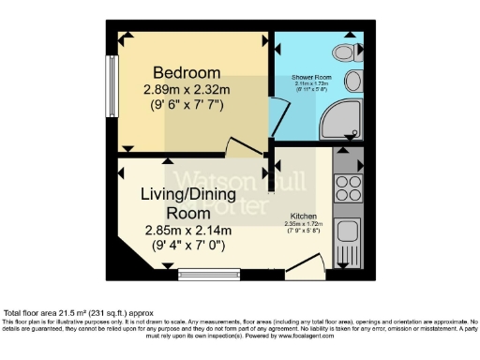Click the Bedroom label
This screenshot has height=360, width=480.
point(187,73)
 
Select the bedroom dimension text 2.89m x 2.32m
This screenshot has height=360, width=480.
point(187,90)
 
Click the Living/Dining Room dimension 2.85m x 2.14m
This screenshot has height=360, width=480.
point(187,230)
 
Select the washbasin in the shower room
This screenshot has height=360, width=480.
point(354,78)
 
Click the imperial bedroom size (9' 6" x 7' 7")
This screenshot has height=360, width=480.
point(187,106)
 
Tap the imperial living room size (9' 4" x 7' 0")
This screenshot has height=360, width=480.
point(187,247)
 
